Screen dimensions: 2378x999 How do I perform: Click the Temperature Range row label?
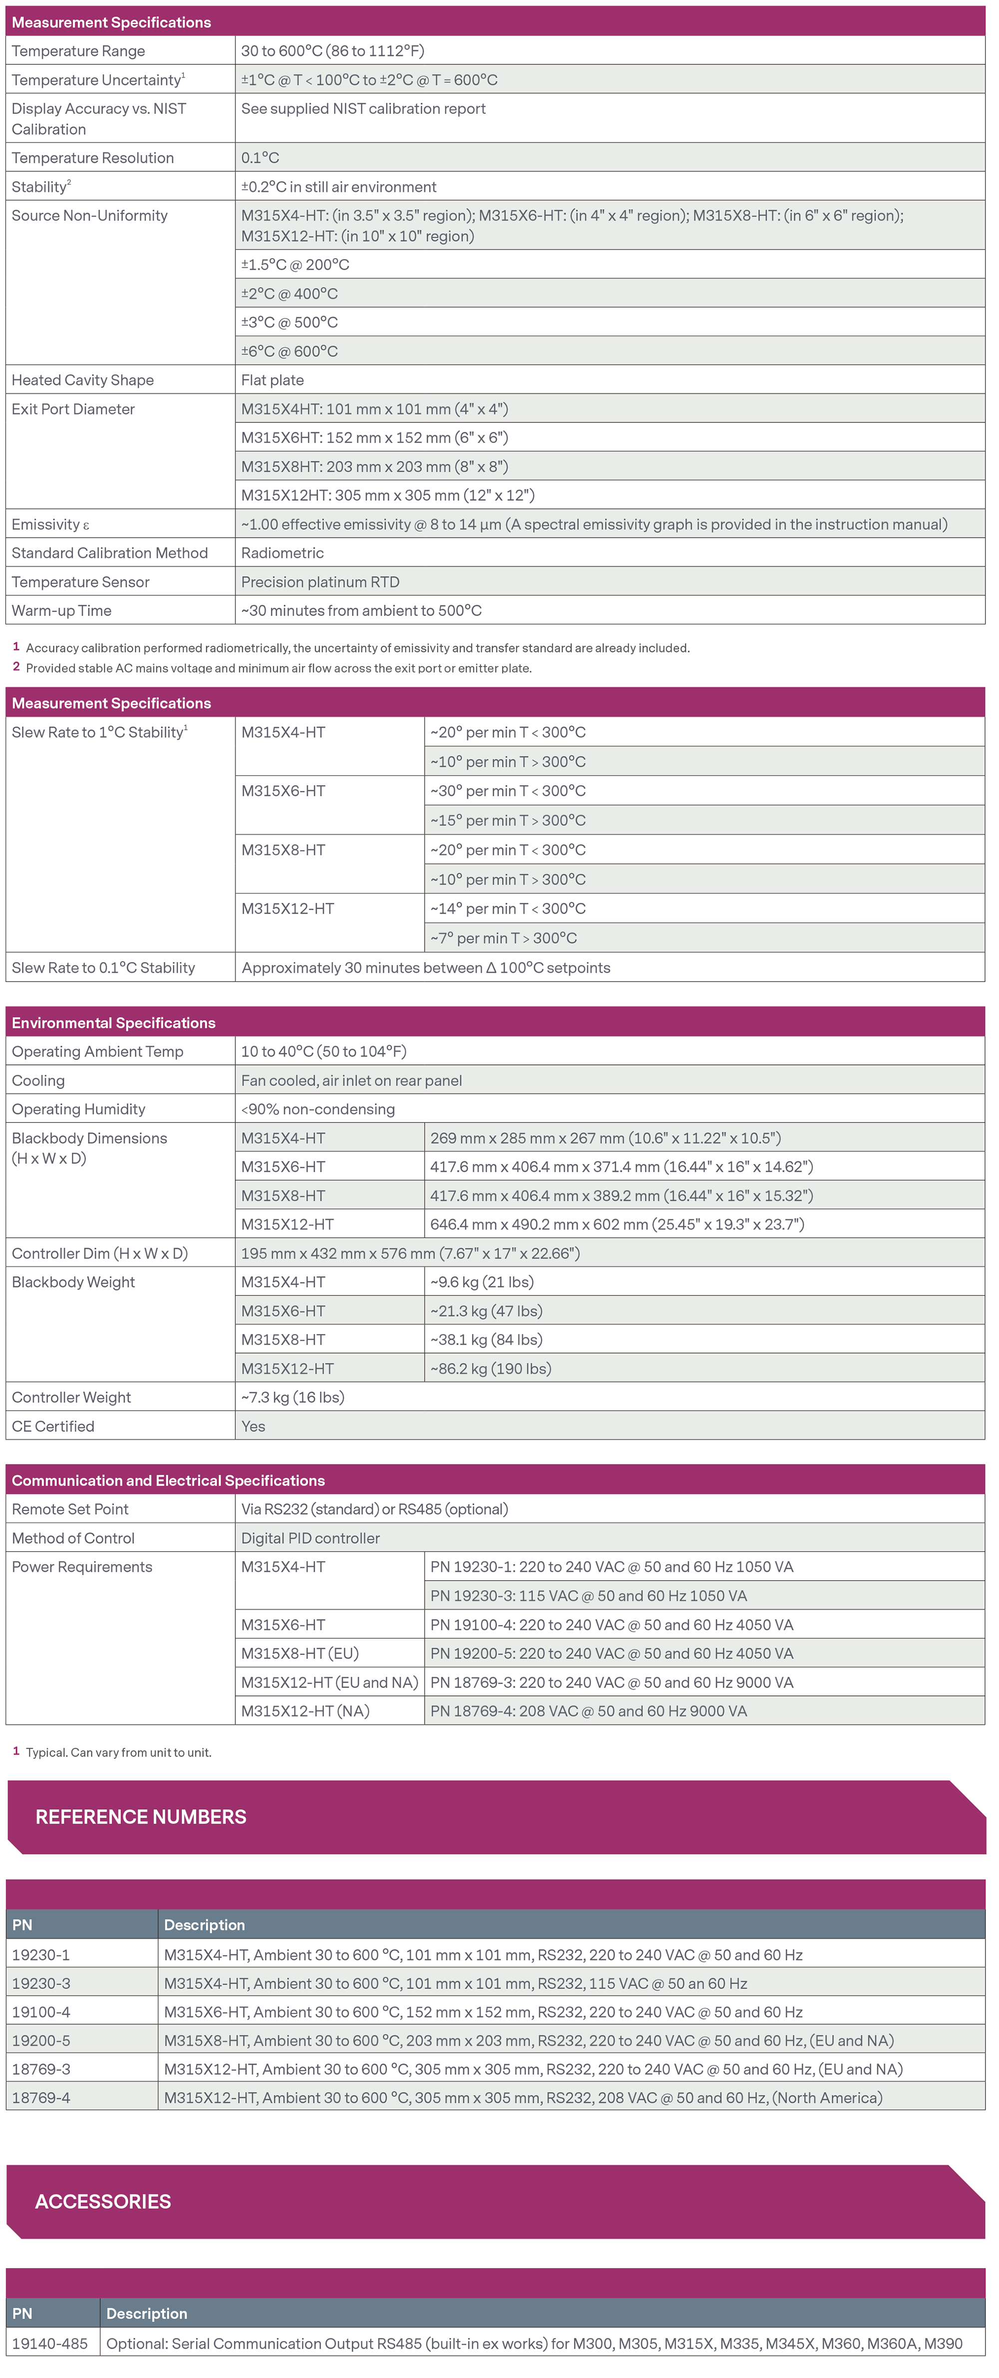point(78,51)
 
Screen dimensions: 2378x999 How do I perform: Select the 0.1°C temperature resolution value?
point(260,158)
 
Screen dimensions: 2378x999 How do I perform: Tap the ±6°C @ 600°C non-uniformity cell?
point(290,351)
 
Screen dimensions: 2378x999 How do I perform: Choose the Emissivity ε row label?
point(51,524)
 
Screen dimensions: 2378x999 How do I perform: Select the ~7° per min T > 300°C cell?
point(503,938)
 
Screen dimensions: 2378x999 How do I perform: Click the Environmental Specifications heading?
point(113,1023)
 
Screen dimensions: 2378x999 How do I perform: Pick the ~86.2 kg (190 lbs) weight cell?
point(491,1368)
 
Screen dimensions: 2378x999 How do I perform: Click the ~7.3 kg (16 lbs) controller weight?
point(293,1397)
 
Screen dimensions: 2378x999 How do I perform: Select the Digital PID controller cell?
point(310,1538)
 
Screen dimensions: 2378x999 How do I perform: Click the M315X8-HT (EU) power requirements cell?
point(300,1654)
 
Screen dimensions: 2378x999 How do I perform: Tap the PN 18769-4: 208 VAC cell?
point(588,1710)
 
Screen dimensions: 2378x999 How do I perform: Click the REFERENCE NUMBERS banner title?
point(140,1817)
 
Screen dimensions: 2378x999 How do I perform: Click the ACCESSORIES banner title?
point(102,2202)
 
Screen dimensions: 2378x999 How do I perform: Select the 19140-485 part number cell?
point(50,2343)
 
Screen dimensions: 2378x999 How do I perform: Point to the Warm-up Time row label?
point(62,610)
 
